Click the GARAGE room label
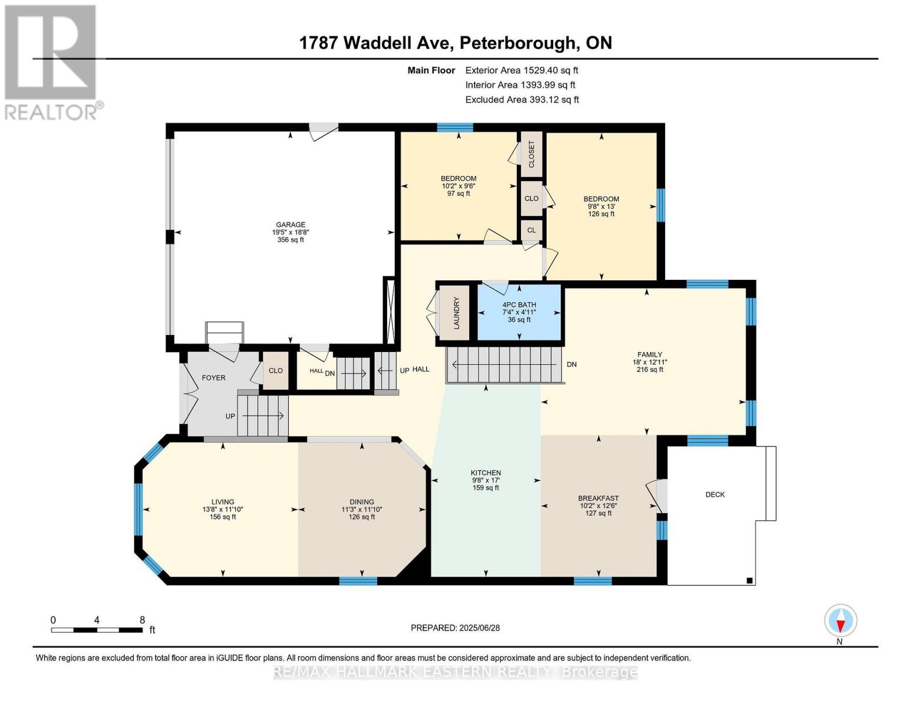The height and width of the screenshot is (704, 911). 290,225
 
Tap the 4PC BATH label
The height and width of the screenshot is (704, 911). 519,304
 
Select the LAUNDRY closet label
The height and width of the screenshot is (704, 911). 456,313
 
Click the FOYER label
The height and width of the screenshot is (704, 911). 214,378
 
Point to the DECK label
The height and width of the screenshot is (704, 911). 715,495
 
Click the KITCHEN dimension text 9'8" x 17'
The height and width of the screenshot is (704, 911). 486,480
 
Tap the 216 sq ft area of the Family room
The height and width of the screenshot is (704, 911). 650,370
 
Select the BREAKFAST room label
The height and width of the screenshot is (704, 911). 598,498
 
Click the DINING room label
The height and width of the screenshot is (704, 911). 362,502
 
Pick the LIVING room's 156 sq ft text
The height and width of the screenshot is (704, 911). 223,517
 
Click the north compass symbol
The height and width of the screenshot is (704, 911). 841,620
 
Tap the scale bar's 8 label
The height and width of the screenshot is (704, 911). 142,620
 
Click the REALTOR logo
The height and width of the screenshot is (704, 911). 52,62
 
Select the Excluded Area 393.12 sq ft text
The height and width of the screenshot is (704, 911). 522,100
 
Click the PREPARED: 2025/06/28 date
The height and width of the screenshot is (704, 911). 455,628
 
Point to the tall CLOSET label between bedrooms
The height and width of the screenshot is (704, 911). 532,154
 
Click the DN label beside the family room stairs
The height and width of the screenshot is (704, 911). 571,364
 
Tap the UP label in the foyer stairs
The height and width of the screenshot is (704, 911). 230,416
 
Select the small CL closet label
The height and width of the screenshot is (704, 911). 531,230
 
